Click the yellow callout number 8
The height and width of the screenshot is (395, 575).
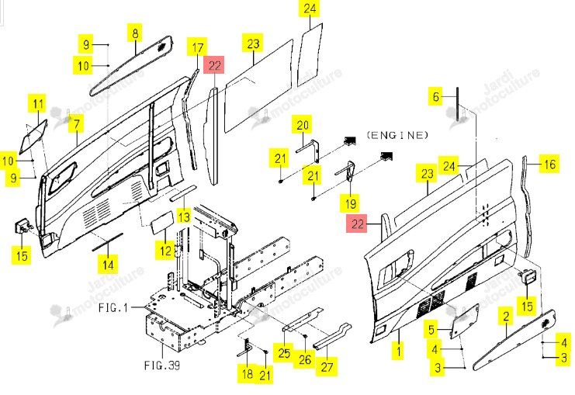(135, 33)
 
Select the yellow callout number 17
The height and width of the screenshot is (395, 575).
(197, 47)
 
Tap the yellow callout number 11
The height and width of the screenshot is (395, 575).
(38, 103)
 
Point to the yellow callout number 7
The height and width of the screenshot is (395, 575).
(76, 123)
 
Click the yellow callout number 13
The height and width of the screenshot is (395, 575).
(184, 216)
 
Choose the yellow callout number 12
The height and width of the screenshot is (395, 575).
(165, 251)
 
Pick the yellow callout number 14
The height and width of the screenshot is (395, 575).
(108, 265)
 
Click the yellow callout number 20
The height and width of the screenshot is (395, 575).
(302, 125)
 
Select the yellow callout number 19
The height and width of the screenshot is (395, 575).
(350, 203)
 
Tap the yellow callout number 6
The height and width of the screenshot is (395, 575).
(435, 96)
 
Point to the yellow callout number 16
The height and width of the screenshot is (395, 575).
(549, 164)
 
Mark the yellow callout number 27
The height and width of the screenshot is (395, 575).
(327, 367)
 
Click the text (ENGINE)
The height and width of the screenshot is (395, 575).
(397, 135)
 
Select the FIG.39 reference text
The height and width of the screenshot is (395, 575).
(162, 366)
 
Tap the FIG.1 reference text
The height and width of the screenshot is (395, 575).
(113, 307)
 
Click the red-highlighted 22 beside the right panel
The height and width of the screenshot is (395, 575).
(357, 224)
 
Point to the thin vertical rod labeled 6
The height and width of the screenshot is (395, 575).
(458, 104)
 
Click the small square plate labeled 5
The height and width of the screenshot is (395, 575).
(465, 321)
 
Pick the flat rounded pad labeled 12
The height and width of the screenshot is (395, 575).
(161, 220)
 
